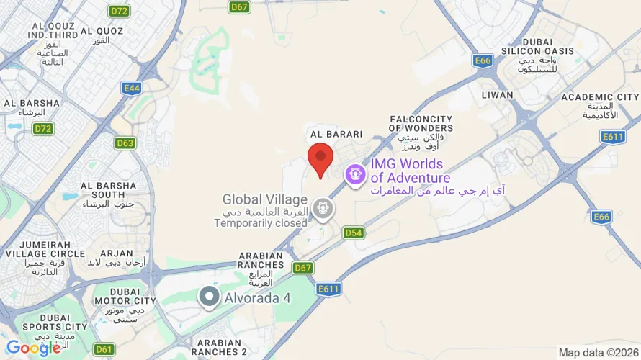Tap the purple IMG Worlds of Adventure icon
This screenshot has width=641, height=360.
coord(354,174)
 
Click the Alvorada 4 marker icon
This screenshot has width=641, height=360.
coord(209,297)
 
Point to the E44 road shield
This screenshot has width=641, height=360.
coord(131,88)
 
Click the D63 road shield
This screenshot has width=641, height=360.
coord(125,143)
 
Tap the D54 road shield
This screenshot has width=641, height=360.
coord(353,233)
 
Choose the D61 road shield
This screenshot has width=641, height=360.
coord(104,349)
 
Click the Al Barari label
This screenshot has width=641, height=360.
coord(336,135)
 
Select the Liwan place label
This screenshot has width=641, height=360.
coord(498,95)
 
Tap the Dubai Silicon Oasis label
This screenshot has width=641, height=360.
coord(548,47)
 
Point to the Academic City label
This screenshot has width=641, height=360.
coord(600,97)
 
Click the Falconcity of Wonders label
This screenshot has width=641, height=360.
coord(421,124)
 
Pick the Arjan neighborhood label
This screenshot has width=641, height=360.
coord(117,253)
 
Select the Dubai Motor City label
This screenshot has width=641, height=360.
coord(125,291)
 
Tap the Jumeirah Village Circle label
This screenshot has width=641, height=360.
coord(44,249)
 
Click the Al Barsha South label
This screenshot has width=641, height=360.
coord(108,190)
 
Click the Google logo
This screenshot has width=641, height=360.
coord(34,348)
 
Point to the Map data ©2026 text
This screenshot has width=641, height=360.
coord(597,353)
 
